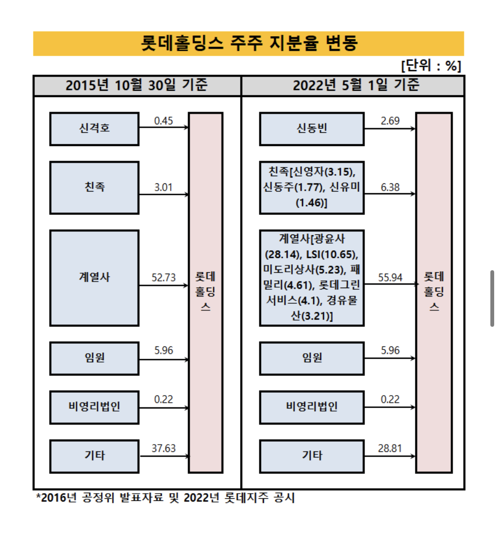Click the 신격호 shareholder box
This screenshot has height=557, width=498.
[94, 129]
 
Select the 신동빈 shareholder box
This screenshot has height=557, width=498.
[312, 129]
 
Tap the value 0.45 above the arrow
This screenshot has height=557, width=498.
[163, 121]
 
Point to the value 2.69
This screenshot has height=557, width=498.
[390, 121]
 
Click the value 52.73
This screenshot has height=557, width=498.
[163, 277]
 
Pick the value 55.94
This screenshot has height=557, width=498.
[390, 277]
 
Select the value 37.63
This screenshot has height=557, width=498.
[163, 448]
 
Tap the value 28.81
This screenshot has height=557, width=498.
[390, 448]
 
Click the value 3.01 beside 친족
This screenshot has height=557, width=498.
[163, 187]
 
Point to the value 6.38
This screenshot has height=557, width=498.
[390, 187]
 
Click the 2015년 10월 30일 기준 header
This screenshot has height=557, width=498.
[137, 86]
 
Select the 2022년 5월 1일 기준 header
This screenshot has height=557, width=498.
[356, 86]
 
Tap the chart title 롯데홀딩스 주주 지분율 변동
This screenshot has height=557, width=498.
[249, 43]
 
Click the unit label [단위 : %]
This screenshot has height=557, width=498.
[431, 66]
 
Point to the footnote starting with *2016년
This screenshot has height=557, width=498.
[166, 497]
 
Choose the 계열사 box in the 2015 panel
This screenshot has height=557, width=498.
[94, 278]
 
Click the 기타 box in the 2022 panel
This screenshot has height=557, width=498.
[312, 456]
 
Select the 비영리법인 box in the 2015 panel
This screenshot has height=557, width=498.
[94, 407]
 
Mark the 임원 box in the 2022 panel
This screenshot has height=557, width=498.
[312, 358]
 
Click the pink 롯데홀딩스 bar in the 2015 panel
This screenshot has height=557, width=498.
[206, 292]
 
